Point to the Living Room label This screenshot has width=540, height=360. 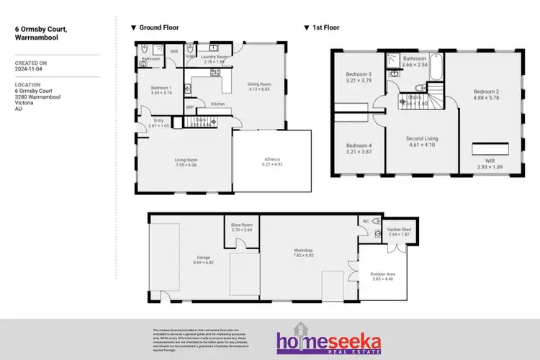point(186,160)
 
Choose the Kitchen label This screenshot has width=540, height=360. point(217,104)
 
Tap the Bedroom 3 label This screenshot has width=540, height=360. point(358,74)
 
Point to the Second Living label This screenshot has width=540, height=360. point(422,138)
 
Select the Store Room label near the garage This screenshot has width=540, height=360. point(241,225)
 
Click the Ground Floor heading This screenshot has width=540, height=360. point(158,27)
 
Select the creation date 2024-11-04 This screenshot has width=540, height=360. point(29,68)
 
